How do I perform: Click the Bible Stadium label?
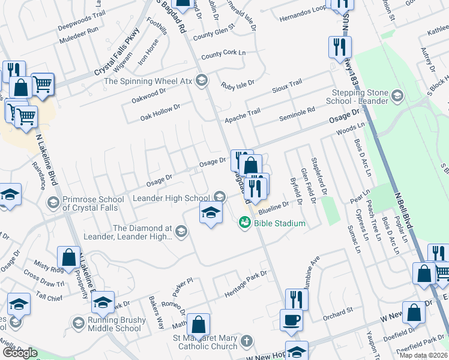[280, 223]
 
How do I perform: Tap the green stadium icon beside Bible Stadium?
[244, 223]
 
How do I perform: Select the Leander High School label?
[171, 198]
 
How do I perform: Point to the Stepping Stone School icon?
[397, 95]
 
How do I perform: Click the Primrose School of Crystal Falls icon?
[53, 202]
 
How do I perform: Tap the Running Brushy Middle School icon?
[77, 323]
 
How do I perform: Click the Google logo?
[20, 353]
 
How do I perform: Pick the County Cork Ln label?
[224, 55]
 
